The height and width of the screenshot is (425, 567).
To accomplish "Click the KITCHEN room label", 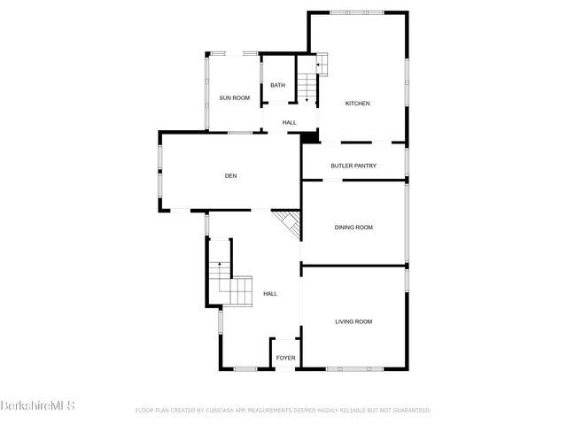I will pos(357,104).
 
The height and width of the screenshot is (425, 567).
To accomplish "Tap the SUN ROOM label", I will pos(235,97).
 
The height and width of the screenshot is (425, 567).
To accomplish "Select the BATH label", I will pos(277,85).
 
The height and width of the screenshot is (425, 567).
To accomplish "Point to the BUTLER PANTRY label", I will pos(353,166).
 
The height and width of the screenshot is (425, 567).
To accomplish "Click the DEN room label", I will pos(230,176).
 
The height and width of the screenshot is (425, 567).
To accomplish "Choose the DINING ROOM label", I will pos(353,228).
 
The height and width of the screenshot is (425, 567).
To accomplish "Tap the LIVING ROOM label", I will pos(353,321).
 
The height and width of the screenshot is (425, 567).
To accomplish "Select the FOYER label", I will pos(285,358).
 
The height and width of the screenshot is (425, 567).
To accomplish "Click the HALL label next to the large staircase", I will pos(270,294).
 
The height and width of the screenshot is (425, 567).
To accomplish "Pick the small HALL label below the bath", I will pos(289,122).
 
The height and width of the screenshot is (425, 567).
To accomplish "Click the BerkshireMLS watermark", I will pos(38,406).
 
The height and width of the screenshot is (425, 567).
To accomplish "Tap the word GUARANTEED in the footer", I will pos(408,411).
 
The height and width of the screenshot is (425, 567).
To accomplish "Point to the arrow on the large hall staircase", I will pos(220,267).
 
